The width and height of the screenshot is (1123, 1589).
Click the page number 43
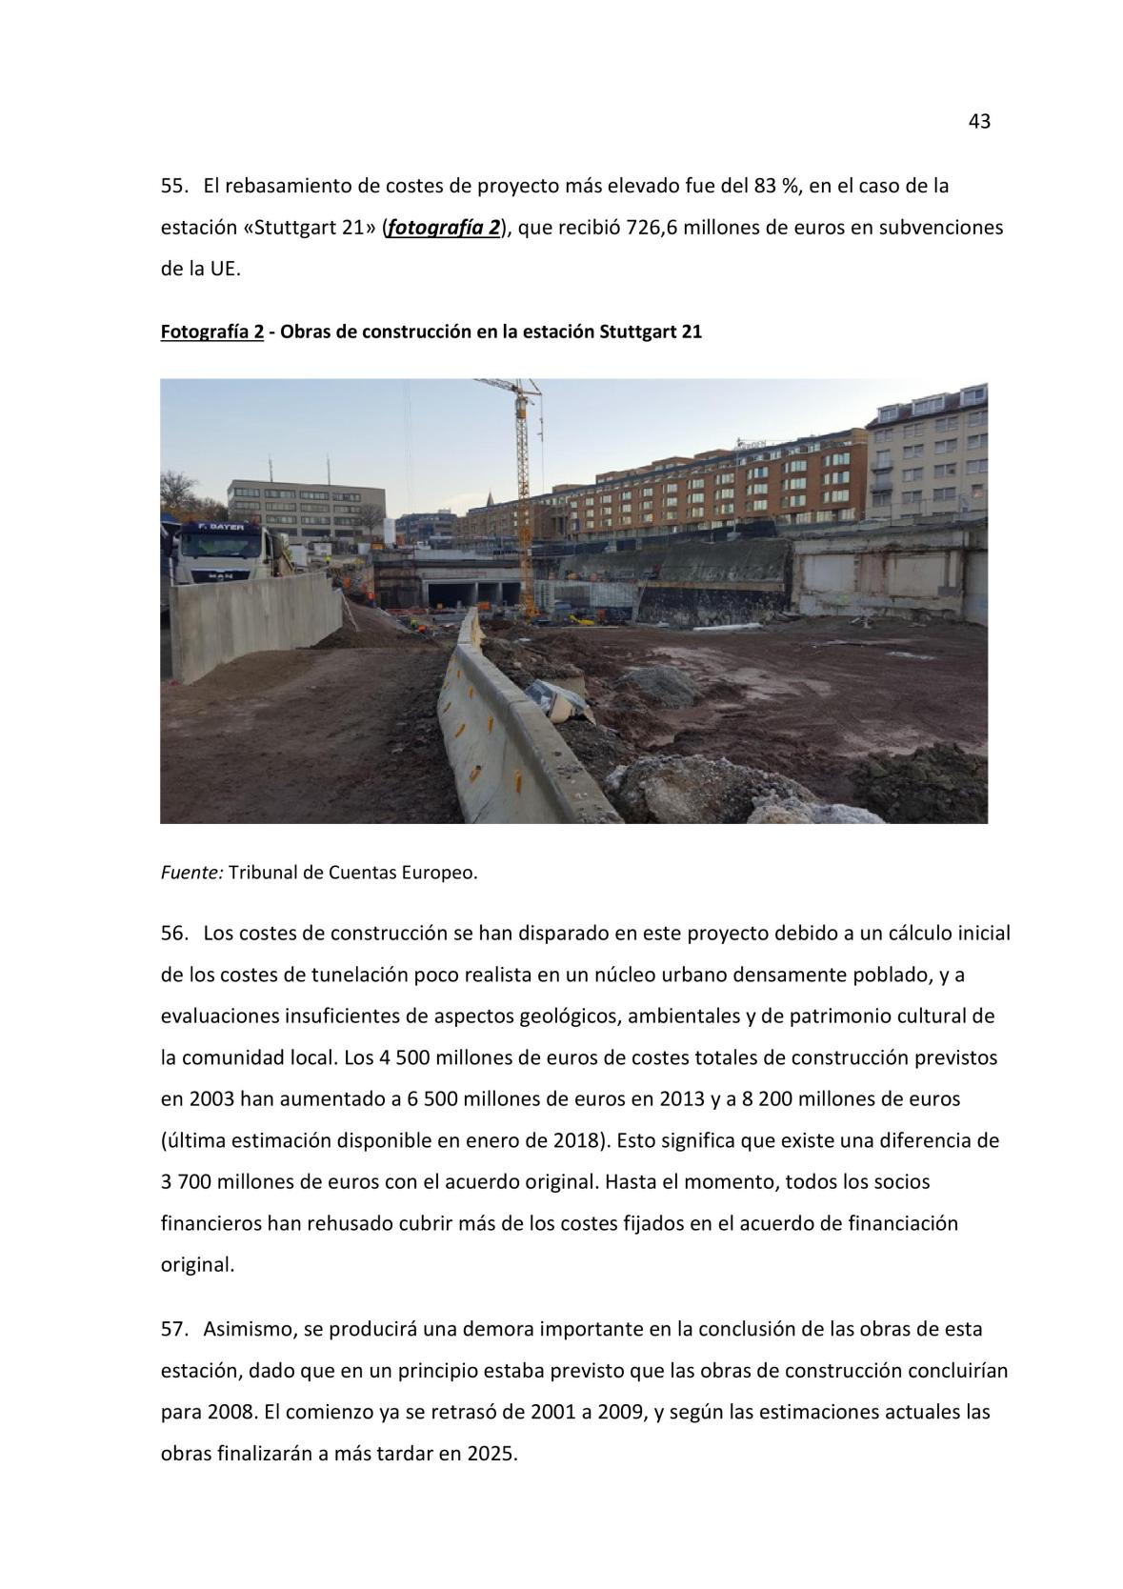979,122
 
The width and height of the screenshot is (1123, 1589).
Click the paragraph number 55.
173,187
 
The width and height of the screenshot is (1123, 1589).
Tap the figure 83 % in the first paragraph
775,187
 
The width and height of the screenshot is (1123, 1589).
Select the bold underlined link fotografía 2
444,229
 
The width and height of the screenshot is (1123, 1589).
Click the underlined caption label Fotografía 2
211,332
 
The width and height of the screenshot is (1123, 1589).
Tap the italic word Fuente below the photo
191,873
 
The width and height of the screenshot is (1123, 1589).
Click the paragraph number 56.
173,933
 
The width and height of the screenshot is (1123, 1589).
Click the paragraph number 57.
173,1329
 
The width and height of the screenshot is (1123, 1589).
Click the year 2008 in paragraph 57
231,1412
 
